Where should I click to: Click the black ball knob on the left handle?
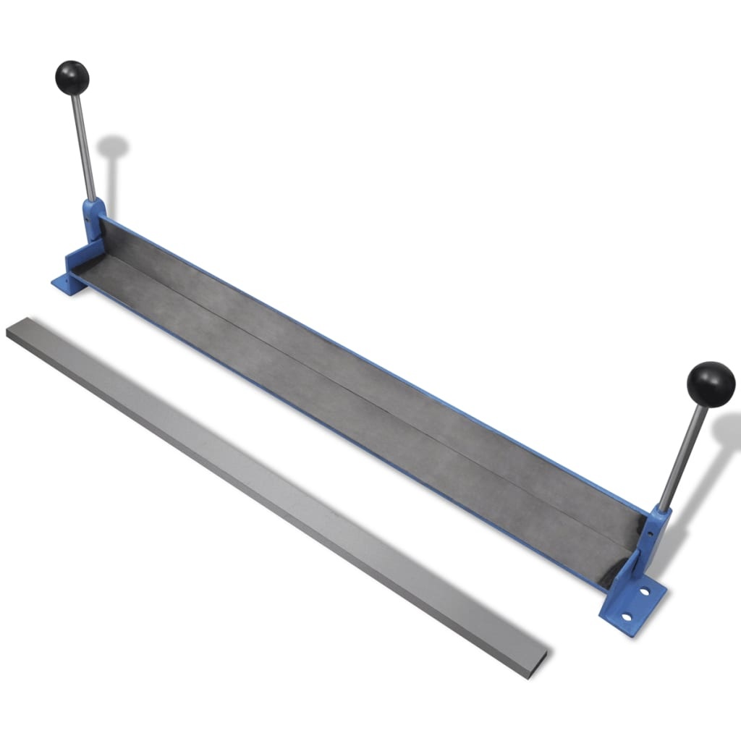click(x=72, y=77)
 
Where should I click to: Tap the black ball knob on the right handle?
click(x=710, y=384)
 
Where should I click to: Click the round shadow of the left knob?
click(x=113, y=148)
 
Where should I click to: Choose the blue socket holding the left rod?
click(x=93, y=217)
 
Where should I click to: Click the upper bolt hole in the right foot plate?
click(x=643, y=591)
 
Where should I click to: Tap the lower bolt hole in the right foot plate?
click(x=627, y=617)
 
